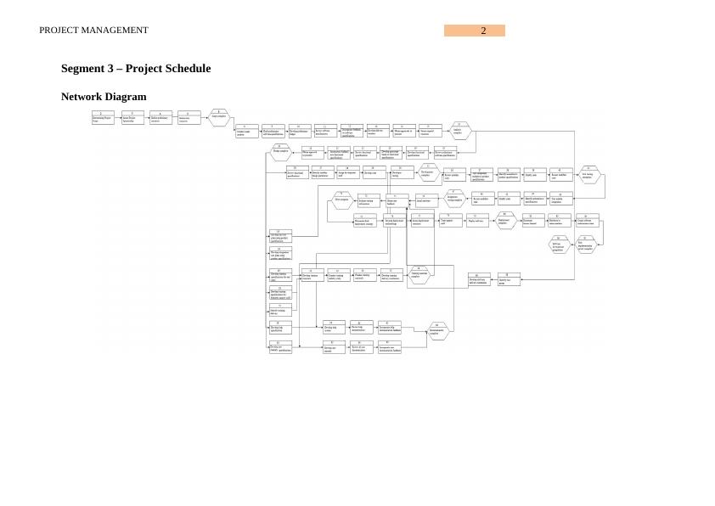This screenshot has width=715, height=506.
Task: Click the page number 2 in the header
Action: tap(483, 31)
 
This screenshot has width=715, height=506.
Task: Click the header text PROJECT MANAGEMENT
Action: tap(93, 31)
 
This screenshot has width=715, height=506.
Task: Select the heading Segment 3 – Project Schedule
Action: tap(136, 68)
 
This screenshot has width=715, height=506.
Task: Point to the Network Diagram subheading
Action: tap(104, 97)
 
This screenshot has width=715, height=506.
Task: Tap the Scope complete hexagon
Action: tap(219, 118)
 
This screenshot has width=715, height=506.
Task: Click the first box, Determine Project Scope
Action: tap(102, 118)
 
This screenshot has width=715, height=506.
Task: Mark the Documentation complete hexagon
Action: tap(436, 332)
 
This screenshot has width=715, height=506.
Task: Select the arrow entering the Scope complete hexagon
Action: tap(205, 118)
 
